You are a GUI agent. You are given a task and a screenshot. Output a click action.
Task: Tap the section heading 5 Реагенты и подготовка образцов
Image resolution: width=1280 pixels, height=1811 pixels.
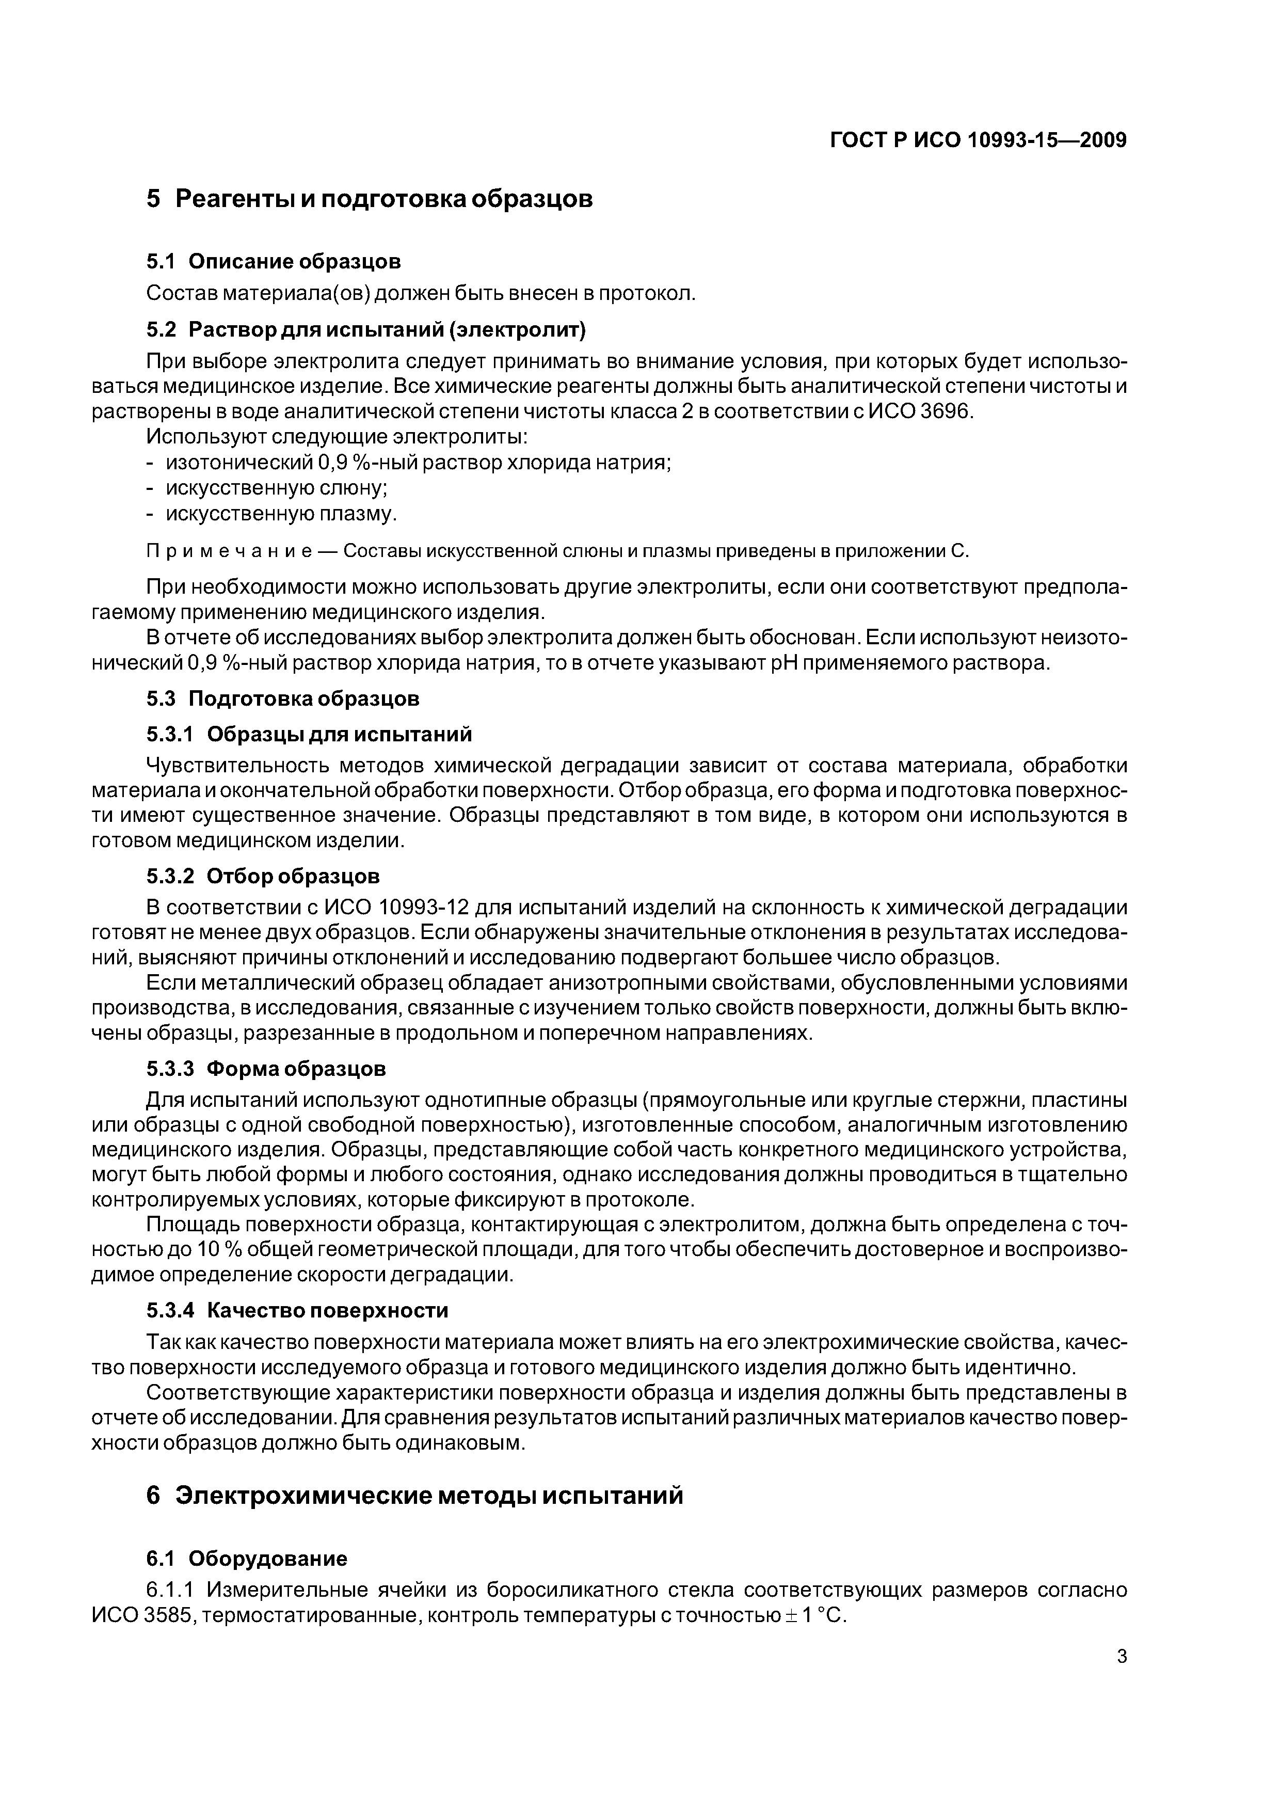[x=369, y=199]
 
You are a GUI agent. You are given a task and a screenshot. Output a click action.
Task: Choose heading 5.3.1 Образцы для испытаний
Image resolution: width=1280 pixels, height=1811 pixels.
[x=309, y=734]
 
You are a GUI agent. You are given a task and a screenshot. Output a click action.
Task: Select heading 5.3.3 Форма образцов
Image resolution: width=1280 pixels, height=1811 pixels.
[x=266, y=1069]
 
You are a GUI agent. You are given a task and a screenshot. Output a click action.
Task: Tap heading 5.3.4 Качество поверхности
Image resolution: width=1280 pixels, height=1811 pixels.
[x=297, y=1311]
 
